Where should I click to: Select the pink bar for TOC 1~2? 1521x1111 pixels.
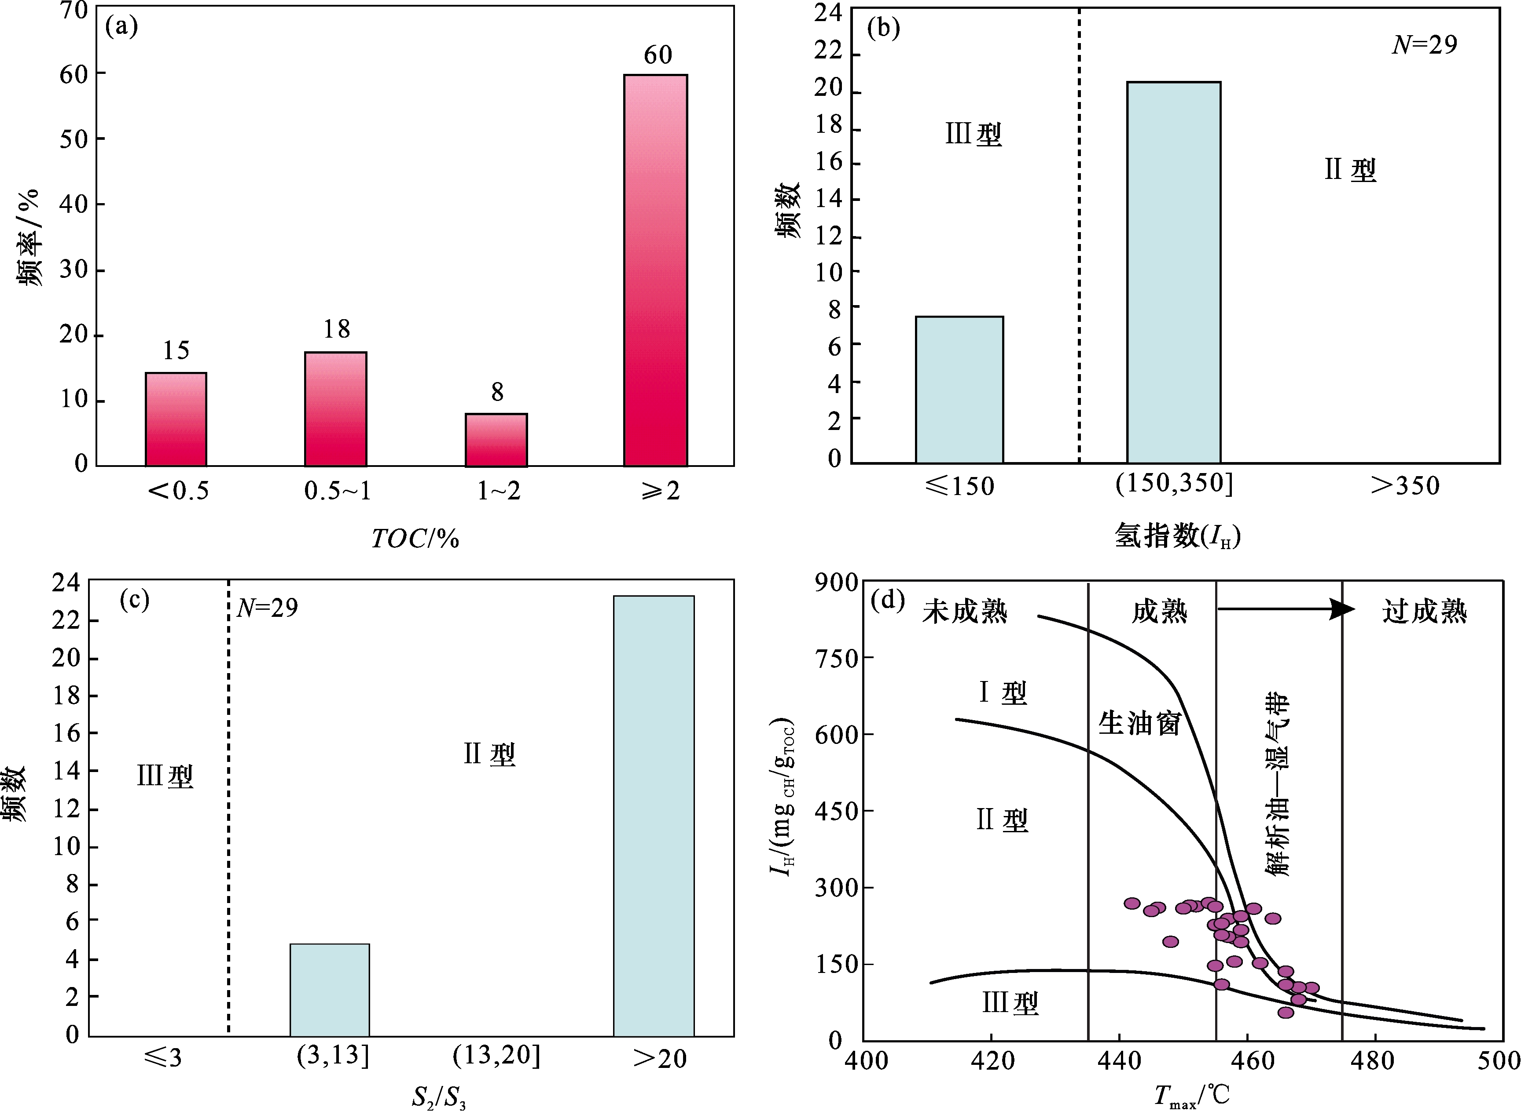point(496,440)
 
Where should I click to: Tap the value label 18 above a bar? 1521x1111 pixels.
point(337,329)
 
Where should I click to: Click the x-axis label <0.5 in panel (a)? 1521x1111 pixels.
point(178,491)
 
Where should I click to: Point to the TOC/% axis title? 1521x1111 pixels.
point(415,539)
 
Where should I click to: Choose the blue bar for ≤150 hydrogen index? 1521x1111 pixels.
point(959,390)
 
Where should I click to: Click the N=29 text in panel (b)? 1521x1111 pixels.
point(1424,44)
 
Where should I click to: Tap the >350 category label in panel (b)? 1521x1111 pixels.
point(1404,485)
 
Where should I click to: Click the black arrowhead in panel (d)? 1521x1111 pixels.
point(1343,609)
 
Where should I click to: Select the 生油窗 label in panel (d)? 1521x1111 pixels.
point(1139,724)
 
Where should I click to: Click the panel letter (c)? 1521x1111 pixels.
point(134,599)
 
